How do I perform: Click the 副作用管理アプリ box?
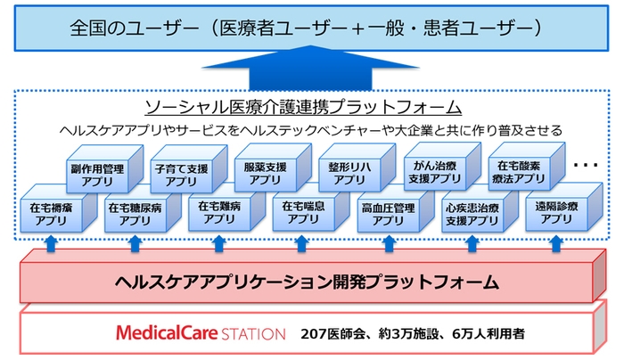pos(99,171)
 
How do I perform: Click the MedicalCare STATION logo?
pos(201,333)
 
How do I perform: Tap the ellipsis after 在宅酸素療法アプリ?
pos(586,167)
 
